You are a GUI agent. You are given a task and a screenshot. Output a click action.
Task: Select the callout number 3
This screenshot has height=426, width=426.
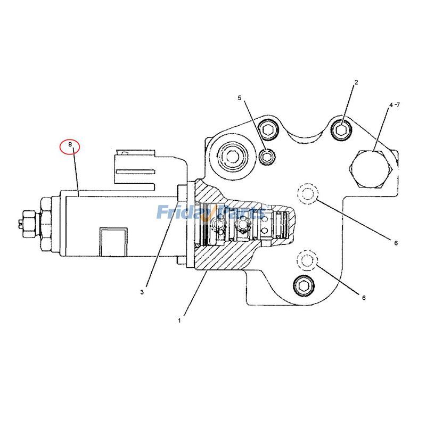142,292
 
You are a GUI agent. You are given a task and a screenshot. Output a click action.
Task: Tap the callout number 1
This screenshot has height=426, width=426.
179,321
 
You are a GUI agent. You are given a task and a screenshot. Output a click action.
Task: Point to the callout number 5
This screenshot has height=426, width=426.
240,98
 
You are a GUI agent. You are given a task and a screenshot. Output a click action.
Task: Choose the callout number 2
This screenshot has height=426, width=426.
356,82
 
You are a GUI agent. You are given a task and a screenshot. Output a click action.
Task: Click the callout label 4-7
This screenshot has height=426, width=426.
394,105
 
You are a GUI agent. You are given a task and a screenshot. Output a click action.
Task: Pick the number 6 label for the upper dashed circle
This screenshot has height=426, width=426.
396,243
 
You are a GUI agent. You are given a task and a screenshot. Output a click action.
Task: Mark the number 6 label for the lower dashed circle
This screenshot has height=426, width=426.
364,298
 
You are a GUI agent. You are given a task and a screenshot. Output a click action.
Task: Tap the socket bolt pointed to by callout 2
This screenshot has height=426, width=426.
341,128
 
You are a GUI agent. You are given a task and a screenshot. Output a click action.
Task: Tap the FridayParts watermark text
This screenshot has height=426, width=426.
210,213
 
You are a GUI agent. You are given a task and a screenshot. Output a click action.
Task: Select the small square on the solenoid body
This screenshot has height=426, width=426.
114,239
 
